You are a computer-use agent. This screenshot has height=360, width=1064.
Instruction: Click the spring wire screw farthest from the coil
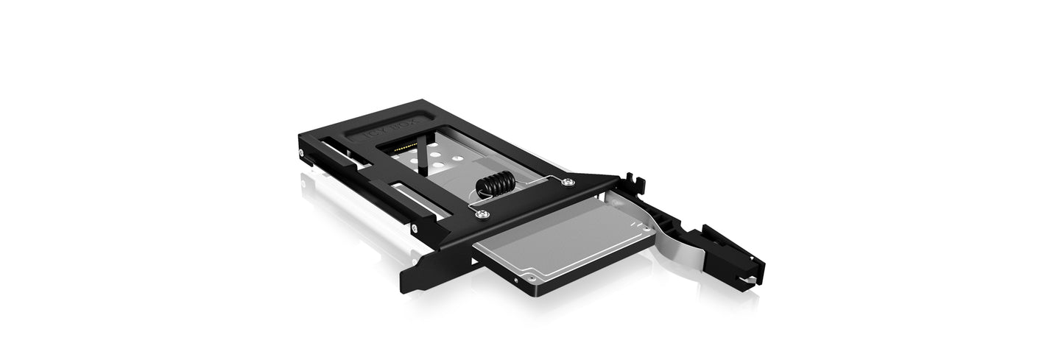[568, 180]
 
